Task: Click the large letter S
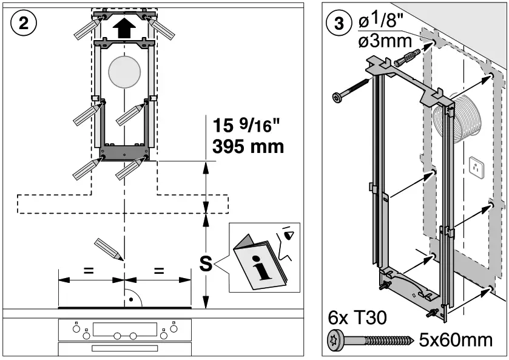click(206, 265)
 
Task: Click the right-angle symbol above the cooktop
click(132, 299)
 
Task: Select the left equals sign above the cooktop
click(89, 271)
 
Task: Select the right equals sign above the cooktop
click(159, 271)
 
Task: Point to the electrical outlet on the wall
click(476, 168)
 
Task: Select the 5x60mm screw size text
click(455, 339)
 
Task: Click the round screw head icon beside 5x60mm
click(337, 339)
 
